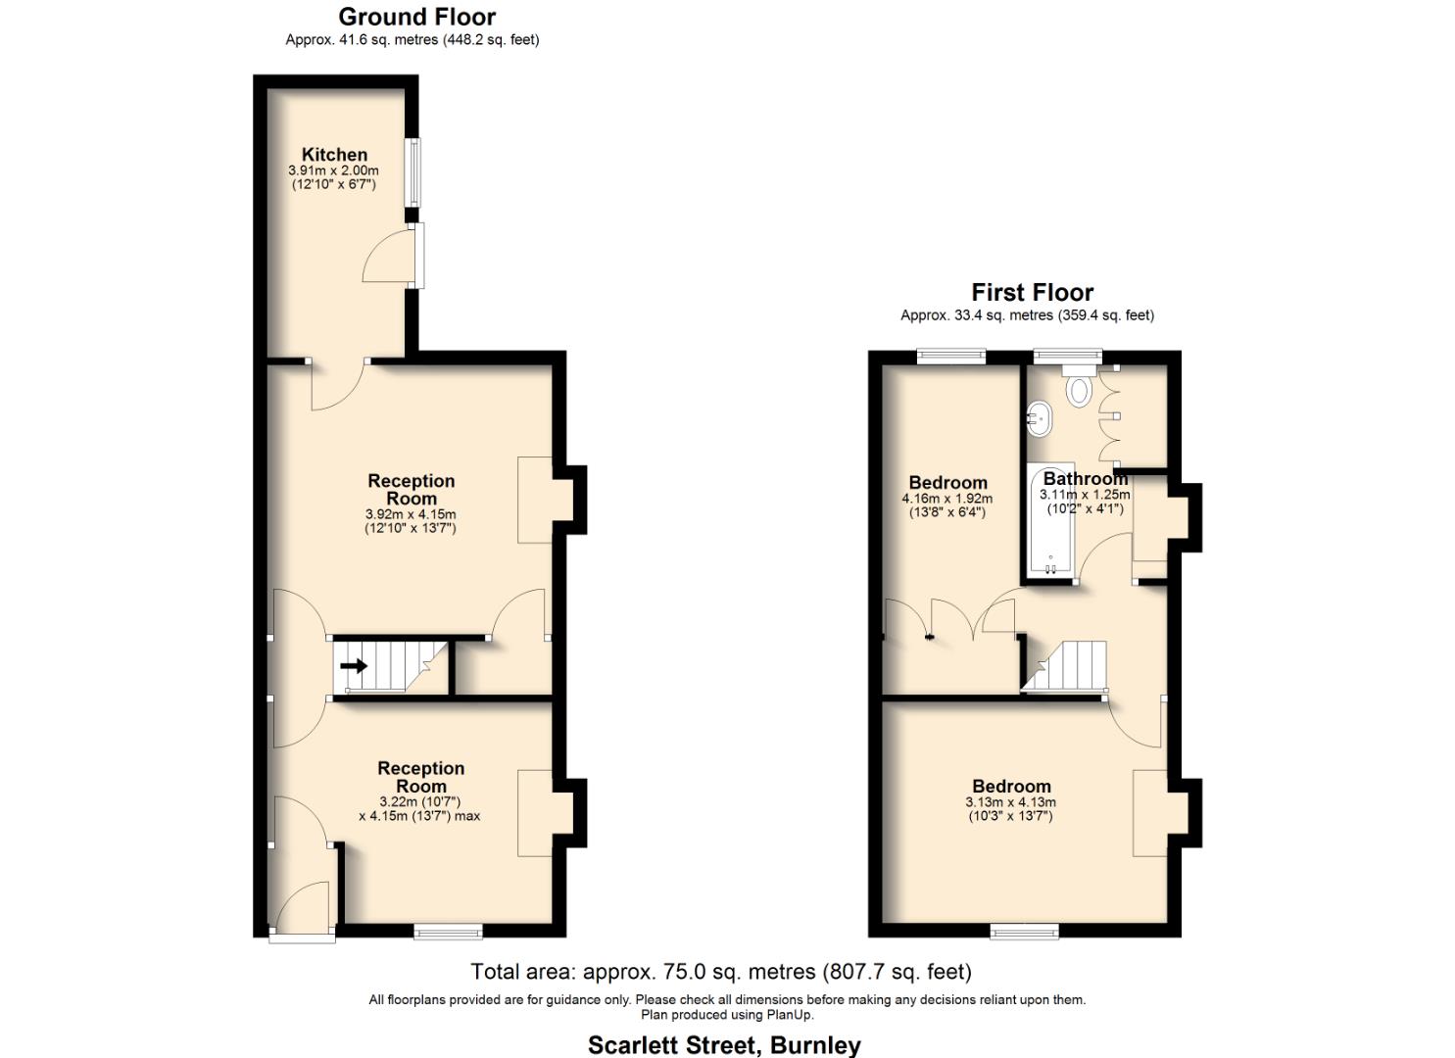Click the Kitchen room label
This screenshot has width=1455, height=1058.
click(x=334, y=155)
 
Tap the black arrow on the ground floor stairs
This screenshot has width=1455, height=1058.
click(x=354, y=666)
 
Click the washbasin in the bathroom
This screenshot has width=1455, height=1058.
click(x=1040, y=419)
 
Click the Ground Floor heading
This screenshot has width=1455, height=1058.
click(x=416, y=17)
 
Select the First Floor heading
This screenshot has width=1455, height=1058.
click(x=1032, y=292)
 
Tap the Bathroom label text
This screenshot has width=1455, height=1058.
click(x=1085, y=479)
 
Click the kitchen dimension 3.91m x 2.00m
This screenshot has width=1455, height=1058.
click(x=333, y=170)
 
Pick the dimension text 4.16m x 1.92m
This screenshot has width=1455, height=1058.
click(x=946, y=499)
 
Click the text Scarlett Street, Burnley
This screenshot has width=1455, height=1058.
click(x=724, y=1044)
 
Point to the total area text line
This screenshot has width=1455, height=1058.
click(x=721, y=972)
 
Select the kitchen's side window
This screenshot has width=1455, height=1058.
click(x=414, y=172)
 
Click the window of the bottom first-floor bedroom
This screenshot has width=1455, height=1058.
click(x=1024, y=931)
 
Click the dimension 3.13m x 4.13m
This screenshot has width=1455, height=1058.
click(x=1010, y=802)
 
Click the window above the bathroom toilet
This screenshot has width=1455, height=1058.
click(x=1067, y=358)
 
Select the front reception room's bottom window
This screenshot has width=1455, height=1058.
click(x=448, y=931)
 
